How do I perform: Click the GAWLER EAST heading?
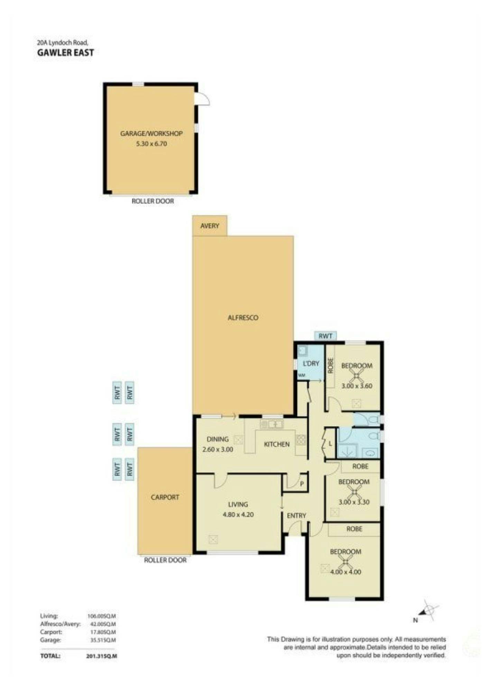coord(65,53)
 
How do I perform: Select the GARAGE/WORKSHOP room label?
coord(151,133)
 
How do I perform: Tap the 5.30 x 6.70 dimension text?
coord(151,144)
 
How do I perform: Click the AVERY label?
coord(210,226)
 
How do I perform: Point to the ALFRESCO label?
coord(243,318)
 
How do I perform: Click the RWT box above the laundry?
coord(325,336)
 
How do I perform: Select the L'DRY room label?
coord(311,363)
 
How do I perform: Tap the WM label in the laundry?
coord(302,375)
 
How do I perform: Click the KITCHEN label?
coord(276,444)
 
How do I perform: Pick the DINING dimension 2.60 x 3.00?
coord(218,449)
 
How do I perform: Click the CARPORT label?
coord(165,497)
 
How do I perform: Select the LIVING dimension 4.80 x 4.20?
coord(238,514)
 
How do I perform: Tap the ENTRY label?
coord(297,515)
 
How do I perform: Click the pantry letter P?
coord(302,484)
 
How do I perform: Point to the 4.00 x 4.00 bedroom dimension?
coord(345,572)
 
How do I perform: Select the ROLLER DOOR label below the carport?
coord(165,560)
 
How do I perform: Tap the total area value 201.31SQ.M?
coord(101,656)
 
